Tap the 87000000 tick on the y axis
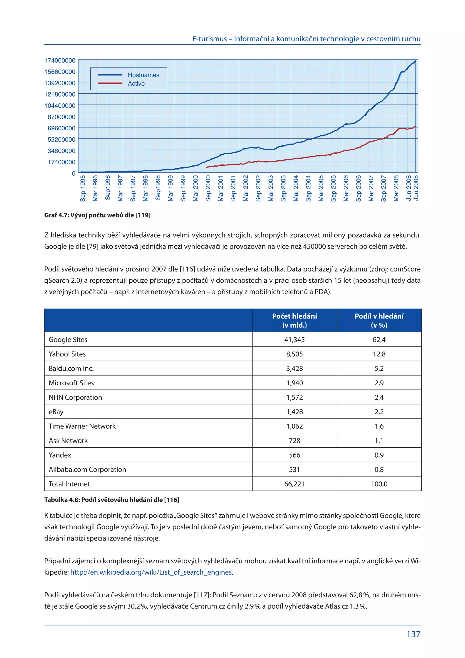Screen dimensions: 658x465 (62, 117)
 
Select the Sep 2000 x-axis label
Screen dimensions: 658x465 (208, 188)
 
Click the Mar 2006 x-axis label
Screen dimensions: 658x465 (346, 188)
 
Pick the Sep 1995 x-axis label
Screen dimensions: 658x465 (83, 188)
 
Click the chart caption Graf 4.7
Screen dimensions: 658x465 (97, 215)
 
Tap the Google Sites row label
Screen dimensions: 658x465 (68, 340)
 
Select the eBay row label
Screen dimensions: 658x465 (56, 412)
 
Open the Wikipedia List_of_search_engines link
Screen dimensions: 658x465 (151, 572)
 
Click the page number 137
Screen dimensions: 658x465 (413, 635)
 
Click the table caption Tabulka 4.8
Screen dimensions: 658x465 (112, 500)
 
